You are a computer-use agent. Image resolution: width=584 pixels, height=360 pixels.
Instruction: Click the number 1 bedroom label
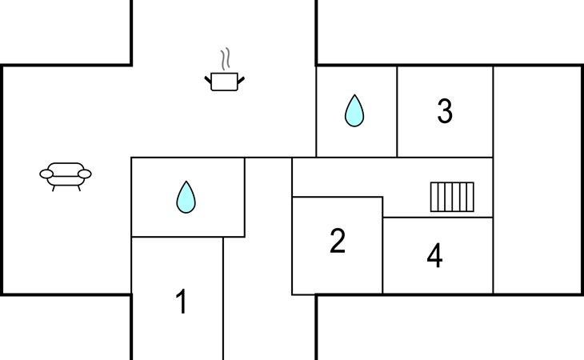click(182, 301)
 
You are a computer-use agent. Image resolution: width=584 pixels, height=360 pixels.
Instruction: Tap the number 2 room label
click(338, 241)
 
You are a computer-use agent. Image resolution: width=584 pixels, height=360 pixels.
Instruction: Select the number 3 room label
click(445, 110)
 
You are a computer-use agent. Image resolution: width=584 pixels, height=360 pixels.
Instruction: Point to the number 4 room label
click(434, 255)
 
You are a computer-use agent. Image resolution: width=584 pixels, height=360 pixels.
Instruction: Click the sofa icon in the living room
click(66, 177)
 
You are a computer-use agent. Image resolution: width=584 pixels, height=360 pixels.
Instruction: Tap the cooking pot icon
click(225, 82)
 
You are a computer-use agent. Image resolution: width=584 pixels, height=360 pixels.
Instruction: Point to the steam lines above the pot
click(225, 59)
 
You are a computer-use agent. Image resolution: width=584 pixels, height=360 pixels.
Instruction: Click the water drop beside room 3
click(354, 110)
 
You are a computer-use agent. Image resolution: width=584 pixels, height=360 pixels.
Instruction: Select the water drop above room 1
click(186, 197)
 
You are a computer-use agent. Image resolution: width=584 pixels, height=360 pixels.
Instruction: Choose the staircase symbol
click(452, 197)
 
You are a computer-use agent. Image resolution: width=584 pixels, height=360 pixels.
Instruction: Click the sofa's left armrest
click(46, 174)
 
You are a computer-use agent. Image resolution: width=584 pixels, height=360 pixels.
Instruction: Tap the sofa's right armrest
click(85, 174)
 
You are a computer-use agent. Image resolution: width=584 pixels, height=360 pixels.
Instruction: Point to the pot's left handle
click(208, 80)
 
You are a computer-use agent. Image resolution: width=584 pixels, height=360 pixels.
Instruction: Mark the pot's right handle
click(241, 80)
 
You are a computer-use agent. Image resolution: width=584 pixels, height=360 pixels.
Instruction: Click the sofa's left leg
click(54, 188)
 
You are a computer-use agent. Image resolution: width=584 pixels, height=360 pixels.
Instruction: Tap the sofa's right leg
click(79, 188)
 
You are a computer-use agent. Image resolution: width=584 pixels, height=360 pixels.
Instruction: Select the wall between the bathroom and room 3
click(397, 111)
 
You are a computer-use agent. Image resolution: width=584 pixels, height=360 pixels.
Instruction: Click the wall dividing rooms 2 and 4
click(382, 246)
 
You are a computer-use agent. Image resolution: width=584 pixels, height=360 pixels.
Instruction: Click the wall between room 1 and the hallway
click(223, 298)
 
